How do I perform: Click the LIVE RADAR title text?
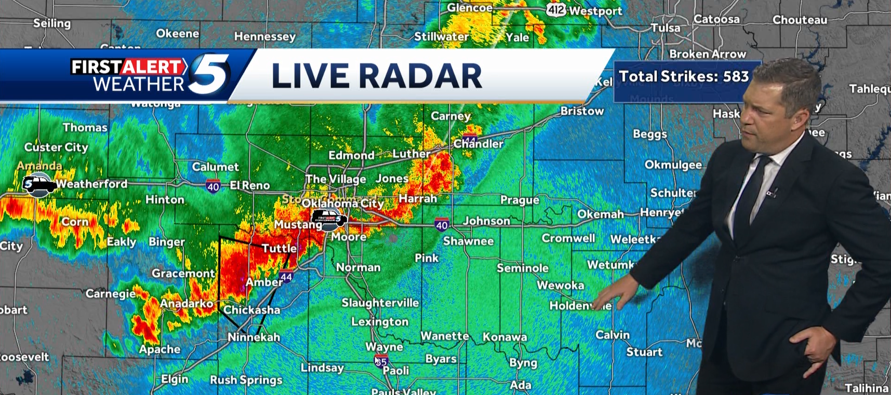tap(377, 76)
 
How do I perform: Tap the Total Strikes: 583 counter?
tap(684, 77)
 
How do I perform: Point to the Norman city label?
tap(358, 267)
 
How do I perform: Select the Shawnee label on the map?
tap(468, 241)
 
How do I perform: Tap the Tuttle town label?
tap(279, 248)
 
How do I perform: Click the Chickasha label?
tap(251, 310)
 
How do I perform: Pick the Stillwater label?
tap(441, 36)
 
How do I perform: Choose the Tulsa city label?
tap(665, 28)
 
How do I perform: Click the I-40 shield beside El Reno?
tap(213, 186)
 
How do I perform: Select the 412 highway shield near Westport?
tap(555, 10)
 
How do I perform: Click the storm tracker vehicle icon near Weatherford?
tap(38, 184)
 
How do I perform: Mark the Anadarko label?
tap(187, 304)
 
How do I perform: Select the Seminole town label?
tap(522, 268)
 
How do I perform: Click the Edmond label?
tap(351, 155)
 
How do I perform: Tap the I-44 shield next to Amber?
tap(286, 277)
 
